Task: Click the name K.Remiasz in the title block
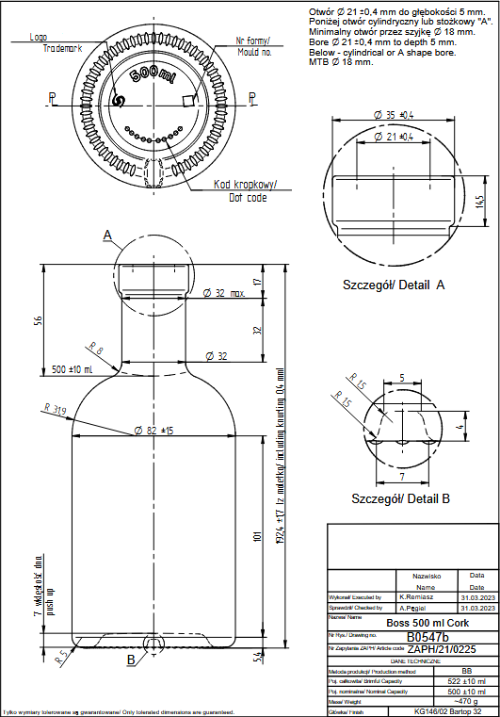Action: click(417, 597)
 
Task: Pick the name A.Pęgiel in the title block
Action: click(417, 609)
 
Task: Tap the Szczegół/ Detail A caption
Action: click(395, 283)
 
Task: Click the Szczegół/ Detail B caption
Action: click(395, 497)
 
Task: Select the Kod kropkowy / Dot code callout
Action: click(240, 190)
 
